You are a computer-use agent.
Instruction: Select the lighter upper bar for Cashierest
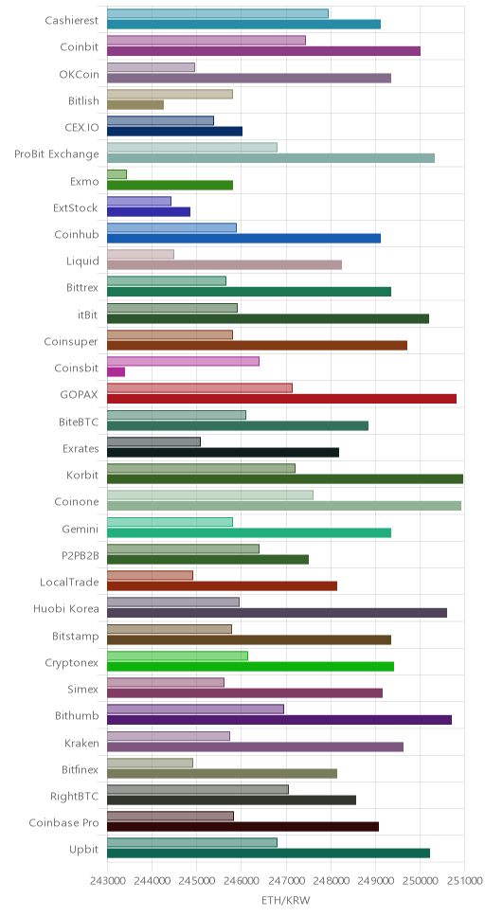(x=218, y=13)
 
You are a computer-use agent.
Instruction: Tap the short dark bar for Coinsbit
(x=116, y=371)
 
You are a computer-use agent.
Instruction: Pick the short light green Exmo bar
(x=117, y=174)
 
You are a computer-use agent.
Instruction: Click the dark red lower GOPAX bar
(x=281, y=398)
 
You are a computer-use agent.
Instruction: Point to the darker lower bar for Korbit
(x=285, y=478)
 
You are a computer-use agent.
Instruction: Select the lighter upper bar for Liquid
(x=140, y=255)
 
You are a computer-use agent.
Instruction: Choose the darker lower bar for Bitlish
(x=135, y=105)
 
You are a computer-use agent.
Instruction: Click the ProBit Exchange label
(x=57, y=154)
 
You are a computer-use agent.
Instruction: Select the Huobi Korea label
(x=66, y=608)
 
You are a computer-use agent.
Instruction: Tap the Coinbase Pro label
(x=63, y=823)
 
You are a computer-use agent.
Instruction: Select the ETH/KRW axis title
(x=285, y=901)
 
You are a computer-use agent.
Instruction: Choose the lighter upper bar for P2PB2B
(x=183, y=548)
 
